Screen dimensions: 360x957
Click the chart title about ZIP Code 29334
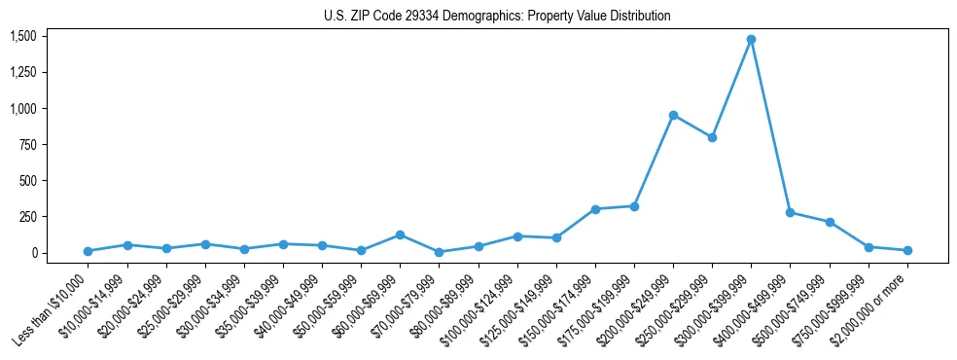point(497,17)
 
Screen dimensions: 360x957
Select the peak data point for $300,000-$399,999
point(751,40)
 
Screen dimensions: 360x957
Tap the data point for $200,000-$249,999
point(673,115)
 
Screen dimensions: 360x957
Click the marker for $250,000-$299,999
point(712,137)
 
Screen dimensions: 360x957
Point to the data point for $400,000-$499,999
point(790,212)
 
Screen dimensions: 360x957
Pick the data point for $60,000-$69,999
point(400,234)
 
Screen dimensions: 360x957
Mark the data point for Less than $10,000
point(89,251)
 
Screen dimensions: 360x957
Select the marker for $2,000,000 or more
point(907,250)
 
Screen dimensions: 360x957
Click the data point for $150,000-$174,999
point(595,209)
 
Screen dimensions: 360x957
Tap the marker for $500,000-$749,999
point(830,222)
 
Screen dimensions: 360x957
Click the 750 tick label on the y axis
point(27,145)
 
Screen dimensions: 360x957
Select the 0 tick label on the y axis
point(32,253)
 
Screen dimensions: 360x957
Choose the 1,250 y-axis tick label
point(22,73)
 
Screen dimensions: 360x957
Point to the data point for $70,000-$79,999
point(439,252)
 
